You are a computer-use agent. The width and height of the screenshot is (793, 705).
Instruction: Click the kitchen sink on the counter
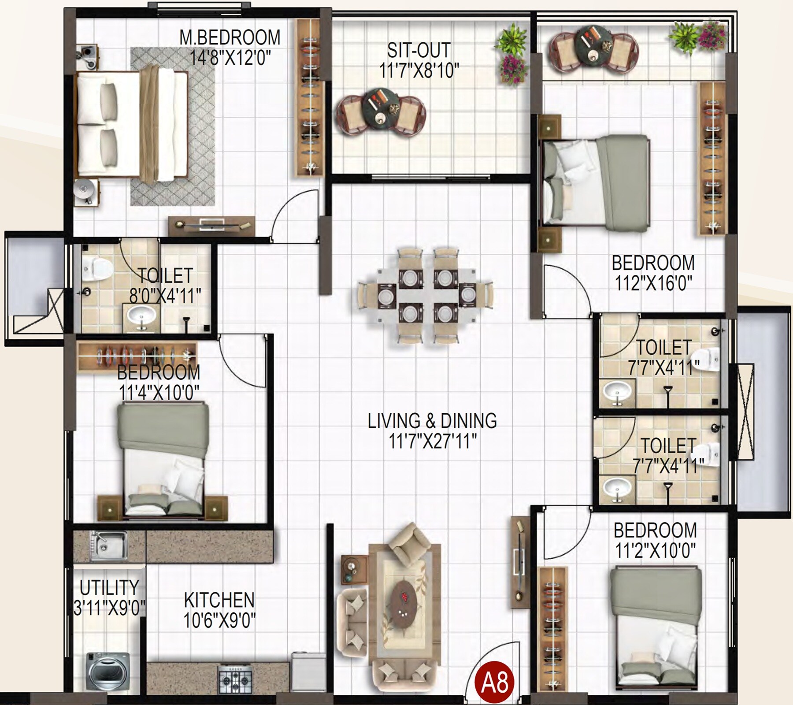coord(108,546)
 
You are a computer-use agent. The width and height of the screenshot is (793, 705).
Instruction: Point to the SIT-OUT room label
coord(419,50)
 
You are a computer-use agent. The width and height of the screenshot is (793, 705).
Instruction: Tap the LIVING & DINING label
coord(432,421)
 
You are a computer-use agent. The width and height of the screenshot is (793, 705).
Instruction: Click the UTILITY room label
coord(109,587)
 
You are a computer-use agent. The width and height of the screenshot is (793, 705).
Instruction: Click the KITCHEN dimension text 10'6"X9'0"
coord(219,621)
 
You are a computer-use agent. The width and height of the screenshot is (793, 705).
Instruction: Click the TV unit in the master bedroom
coord(211,226)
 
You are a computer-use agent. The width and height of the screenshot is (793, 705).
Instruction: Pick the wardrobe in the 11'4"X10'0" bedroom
coord(137,356)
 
